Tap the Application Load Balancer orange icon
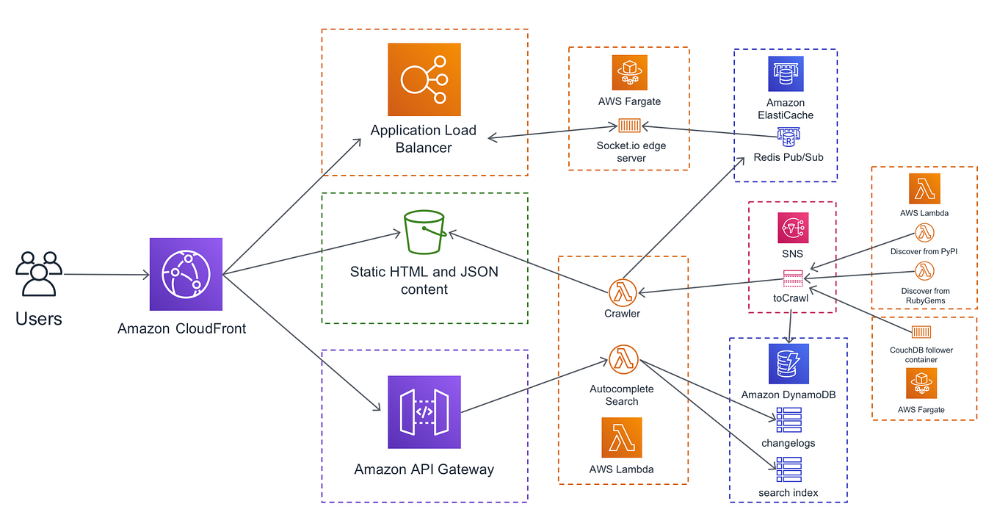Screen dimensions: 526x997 424,79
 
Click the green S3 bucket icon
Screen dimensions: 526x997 424,232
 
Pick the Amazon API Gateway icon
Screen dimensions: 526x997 424,412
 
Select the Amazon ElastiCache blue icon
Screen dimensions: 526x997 786,74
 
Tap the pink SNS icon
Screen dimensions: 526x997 793,228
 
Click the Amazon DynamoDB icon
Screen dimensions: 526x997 788,364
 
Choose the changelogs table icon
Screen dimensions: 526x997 788,419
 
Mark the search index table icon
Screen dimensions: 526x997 788,469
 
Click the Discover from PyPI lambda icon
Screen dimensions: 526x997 924,234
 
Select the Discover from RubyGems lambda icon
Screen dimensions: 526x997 924,271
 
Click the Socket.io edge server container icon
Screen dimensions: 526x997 630,126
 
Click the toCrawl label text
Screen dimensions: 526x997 790,299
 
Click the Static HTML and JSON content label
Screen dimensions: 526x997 424,281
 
